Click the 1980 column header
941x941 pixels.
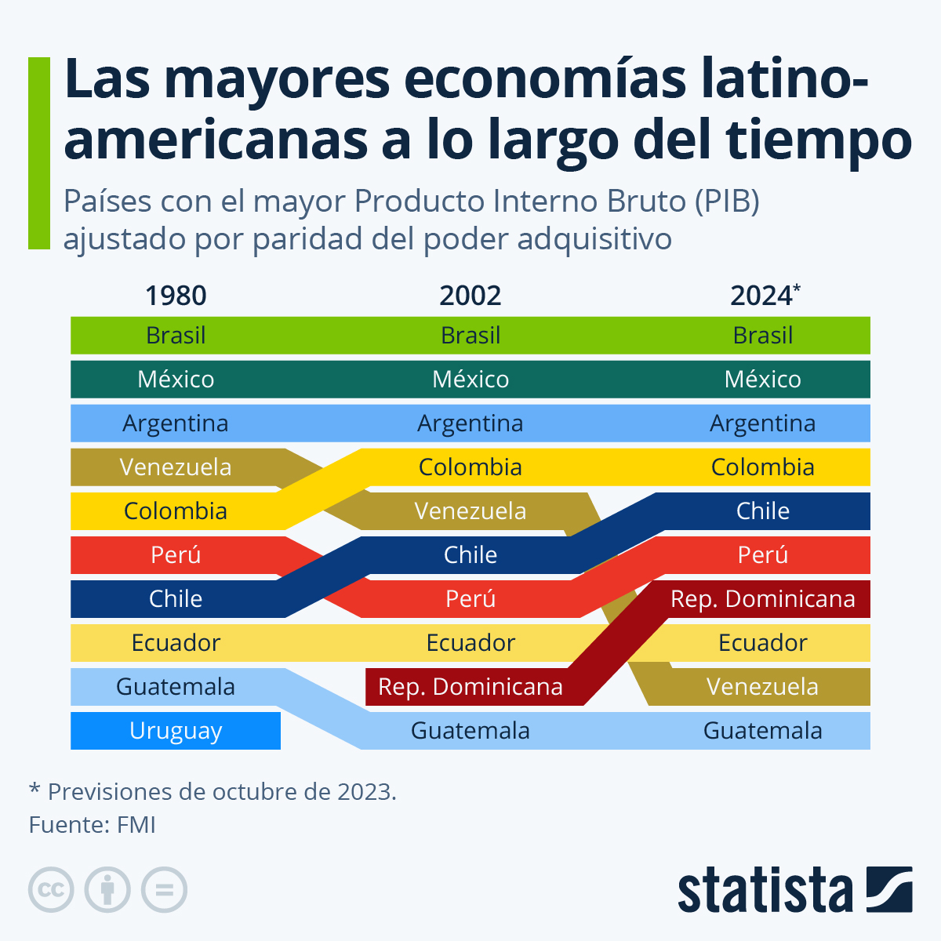(x=176, y=296)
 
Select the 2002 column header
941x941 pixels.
(x=470, y=296)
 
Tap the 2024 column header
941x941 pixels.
(x=763, y=296)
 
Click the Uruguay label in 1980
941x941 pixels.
(x=176, y=731)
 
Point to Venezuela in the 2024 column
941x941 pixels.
(x=762, y=687)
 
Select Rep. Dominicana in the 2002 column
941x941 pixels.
(x=470, y=687)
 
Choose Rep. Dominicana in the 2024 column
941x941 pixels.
(x=762, y=599)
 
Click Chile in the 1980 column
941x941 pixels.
(x=176, y=599)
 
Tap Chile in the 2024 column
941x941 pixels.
(x=762, y=511)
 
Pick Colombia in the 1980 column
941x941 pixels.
(x=176, y=511)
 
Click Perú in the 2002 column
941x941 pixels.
(x=470, y=599)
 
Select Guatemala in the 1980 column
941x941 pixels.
(x=176, y=687)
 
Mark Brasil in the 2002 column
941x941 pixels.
(x=470, y=336)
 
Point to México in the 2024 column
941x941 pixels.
(x=762, y=380)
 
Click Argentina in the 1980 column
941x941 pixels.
(x=176, y=423)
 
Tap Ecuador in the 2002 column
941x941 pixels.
(x=470, y=643)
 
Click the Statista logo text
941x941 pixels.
(x=765, y=891)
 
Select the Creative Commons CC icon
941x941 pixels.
(x=51, y=890)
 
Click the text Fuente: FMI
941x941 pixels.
(x=93, y=825)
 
